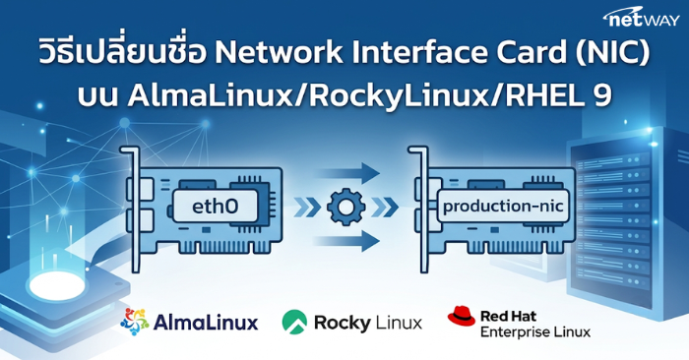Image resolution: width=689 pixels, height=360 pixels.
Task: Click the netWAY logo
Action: pyautogui.click(x=641, y=18)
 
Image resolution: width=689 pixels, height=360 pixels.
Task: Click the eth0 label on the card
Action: pyautogui.click(x=215, y=206)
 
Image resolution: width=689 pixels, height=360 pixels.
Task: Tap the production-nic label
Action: pyautogui.click(x=503, y=206)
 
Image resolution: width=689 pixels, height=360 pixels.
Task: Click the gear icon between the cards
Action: pyautogui.click(x=345, y=207)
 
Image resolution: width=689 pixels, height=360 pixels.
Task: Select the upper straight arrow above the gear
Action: pyautogui.click(x=347, y=173)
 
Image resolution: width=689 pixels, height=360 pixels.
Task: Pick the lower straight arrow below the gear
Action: pyautogui.click(x=347, y=241)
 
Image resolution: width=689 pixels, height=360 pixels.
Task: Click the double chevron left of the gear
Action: pyautogui.click(x=307, y=207)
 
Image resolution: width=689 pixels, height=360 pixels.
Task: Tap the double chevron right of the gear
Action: pyautogui.click(x=385, y=207)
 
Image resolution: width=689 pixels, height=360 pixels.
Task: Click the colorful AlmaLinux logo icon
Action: pyautogui.click(x=135, y=322)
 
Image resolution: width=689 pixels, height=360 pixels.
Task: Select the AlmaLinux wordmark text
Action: pyautogui.click(x=206, y=324)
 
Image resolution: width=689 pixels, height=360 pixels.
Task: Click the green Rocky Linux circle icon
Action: pyautogui.click(x=294, y=323)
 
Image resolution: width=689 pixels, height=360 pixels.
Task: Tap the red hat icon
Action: pyautogui.click(x=462, y=316)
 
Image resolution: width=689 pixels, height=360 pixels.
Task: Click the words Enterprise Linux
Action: pyautogui.click(x=535, y=331)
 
